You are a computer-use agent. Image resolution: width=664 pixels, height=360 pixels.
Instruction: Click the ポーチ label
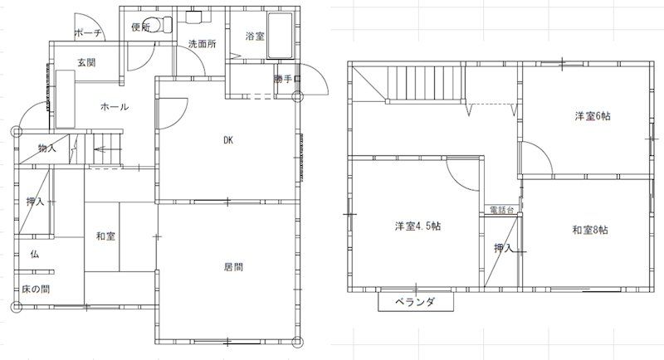tap(87, 33)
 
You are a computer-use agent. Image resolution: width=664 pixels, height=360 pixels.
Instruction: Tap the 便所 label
tap(140, 27)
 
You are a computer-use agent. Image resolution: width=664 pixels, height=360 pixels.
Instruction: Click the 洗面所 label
tap(202, 43)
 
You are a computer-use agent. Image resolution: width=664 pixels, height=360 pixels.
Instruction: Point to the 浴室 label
tap(255, 36)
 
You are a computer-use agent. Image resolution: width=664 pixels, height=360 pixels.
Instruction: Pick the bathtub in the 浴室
tap(278, 36)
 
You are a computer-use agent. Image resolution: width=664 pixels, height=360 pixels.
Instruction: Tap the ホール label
tap(114, 107)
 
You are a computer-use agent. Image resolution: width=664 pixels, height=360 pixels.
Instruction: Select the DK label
tap(227, 140)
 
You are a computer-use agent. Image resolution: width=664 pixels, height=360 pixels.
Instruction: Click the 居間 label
tap(233, 267)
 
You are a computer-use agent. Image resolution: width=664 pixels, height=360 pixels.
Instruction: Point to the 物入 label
tap(47, 148)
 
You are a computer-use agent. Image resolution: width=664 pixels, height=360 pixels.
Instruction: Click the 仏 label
tap(35, 254)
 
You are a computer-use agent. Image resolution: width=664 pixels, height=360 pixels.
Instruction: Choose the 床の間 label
tap(35, 289)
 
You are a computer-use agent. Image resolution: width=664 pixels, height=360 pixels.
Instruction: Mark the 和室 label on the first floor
tap(105, 236)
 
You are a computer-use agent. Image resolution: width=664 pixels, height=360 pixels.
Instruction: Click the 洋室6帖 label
tap(593, 116)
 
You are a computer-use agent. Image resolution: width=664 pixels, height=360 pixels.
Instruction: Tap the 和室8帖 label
tap(590, 230)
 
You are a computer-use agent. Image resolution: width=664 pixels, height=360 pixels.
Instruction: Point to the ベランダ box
tap(417, 302)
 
